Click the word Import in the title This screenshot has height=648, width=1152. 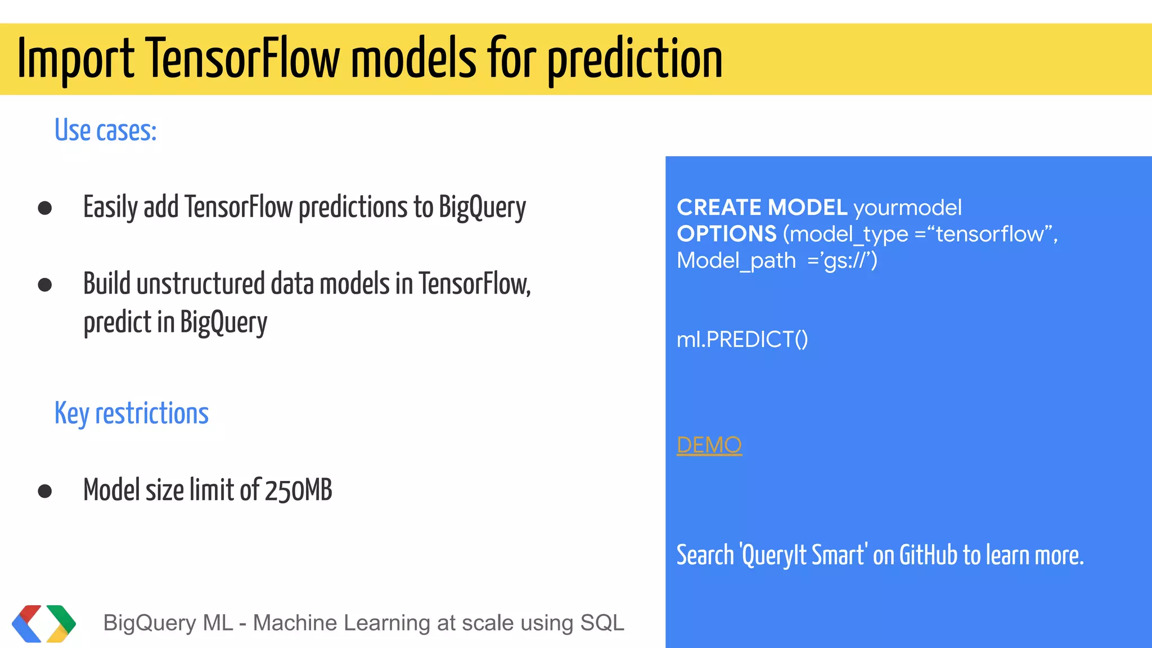pos(76,59)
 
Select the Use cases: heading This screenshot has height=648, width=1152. pos(105,130)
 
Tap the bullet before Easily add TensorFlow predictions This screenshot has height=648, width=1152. pos(45,208)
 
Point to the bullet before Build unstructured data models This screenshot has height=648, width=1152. pos(45,285)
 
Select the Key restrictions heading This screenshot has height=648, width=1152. pos(131,414)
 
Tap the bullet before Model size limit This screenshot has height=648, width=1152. pos(45,491)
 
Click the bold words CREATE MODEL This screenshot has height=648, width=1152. pos(762,208)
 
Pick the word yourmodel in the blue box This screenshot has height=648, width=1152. pos(907,208)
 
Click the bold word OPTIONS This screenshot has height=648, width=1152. pos(726,234)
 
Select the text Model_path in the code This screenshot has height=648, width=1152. pos(736,260)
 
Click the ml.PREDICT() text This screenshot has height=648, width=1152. pos(742,340)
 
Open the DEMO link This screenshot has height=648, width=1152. pos(709,445)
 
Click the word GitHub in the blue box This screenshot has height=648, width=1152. pos(928,555)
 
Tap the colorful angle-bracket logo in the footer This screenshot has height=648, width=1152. pos(44,623)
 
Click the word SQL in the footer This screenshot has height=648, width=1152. pos(602,623)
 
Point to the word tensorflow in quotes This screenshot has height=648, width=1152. pos(989,234)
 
